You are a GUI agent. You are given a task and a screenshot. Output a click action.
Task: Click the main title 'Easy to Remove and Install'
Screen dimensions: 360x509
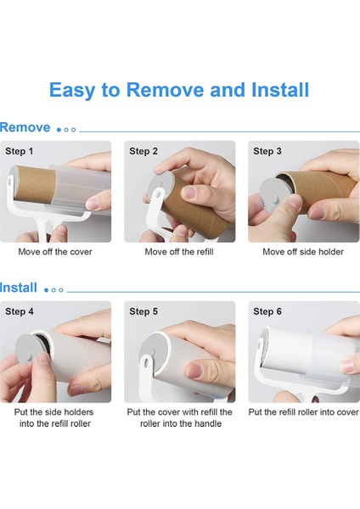coord(179,90)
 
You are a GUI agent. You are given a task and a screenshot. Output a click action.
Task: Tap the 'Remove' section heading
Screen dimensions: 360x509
coord(25,127)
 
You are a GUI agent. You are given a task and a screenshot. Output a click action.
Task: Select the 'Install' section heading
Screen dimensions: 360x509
coord(19,288)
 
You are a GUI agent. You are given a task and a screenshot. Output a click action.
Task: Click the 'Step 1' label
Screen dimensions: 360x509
coord(20,151)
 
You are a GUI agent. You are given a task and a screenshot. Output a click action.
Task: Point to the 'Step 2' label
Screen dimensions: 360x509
coord(143,151)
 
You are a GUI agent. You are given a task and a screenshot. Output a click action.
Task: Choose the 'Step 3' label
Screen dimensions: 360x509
coord(267,151)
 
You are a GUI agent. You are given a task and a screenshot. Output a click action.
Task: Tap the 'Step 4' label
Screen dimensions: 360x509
coord(20,311)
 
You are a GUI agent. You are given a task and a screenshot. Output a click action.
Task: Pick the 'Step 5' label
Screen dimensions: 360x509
coord(143,311)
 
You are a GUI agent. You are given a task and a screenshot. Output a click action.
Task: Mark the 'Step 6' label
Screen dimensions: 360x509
coord(267,311)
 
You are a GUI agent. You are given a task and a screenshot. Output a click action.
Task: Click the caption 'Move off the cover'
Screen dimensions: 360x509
coord(55,252)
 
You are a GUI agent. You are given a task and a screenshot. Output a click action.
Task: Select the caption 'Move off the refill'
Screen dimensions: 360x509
coord(179,252)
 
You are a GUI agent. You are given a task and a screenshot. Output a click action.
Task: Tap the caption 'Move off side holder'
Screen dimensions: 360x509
coord(303,252)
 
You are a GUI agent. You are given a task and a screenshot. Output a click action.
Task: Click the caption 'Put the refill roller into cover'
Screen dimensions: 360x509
coord(303,412)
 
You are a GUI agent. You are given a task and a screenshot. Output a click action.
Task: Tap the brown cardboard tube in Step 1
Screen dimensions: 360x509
coord(35,184)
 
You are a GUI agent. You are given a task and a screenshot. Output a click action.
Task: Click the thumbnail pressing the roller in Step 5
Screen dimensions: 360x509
coord(194,371)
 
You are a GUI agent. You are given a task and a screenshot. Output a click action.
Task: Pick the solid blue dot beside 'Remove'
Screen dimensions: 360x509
coord(59,130)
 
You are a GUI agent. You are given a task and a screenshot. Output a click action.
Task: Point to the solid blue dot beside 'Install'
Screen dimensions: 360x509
coord(46,290)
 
